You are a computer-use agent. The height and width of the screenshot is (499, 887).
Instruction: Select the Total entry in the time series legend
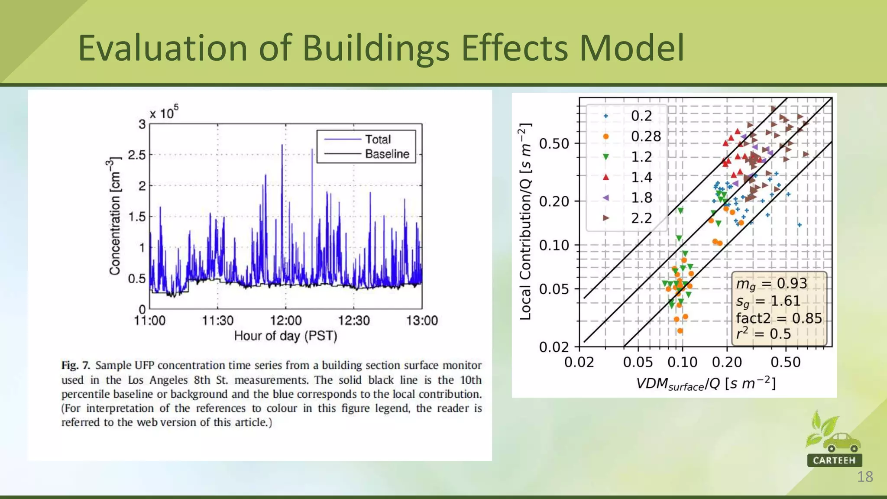[x=377, y=139]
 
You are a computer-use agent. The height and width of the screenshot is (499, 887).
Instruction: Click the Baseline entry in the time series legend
[x=386, y=154]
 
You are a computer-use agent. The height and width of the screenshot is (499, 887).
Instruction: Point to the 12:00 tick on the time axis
[x=285, y=321]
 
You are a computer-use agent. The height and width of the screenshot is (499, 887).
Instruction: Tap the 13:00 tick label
[x=422, y=321]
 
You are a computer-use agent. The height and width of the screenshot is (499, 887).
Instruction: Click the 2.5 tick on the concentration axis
[x=137, y=155]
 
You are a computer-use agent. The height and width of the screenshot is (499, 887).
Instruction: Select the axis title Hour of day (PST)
[x=285, y=336]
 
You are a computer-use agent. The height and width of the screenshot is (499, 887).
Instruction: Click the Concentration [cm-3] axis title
[x=114, y=217]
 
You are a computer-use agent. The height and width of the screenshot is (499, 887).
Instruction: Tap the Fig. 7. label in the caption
[x=75, y=366]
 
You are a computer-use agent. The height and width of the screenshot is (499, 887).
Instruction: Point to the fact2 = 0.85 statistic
[x=778, y=318]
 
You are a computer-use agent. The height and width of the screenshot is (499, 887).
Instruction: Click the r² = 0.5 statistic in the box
[x=763, y=334]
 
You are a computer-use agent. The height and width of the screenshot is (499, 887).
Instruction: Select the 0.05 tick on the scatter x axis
[x=638, y=362]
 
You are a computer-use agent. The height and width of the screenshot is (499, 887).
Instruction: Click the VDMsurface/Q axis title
[x=706, y=384]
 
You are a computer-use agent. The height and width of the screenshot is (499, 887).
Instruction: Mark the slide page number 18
[x=864, y=477]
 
